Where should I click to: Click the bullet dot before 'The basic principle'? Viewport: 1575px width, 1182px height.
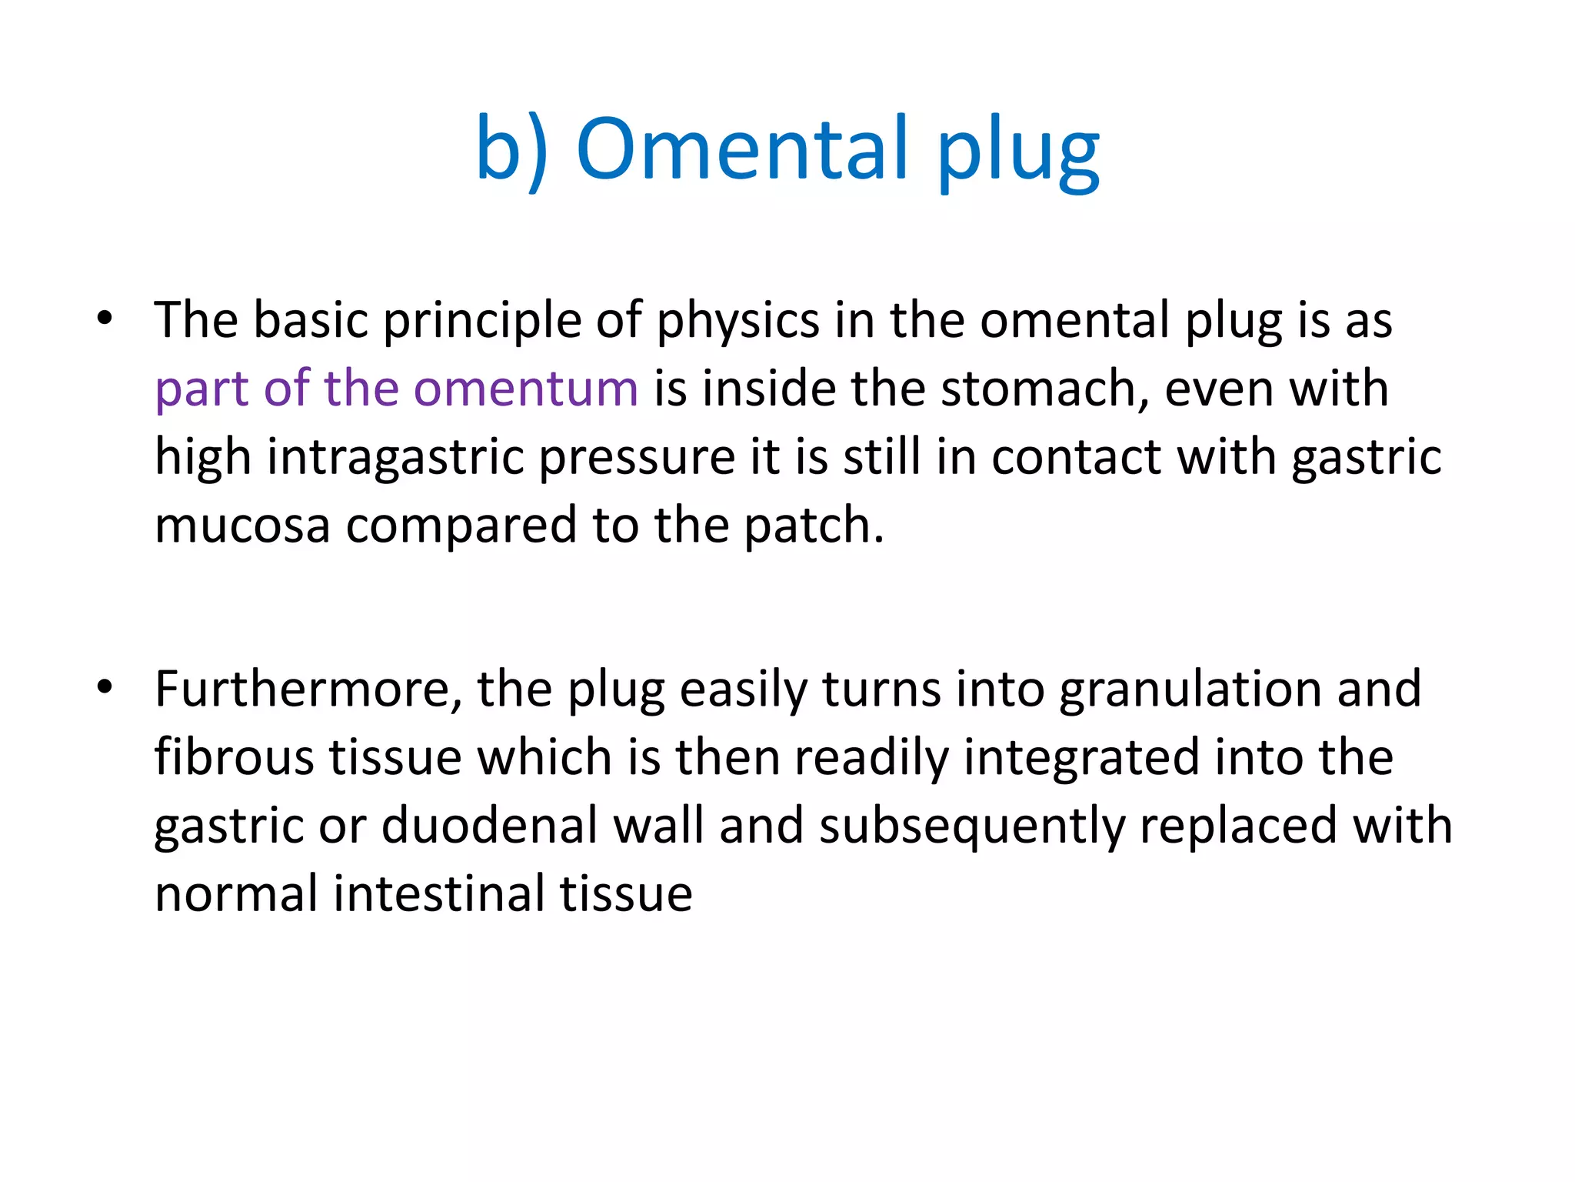pos(105,318)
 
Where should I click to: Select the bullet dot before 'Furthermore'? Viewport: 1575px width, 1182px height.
pos(105,686)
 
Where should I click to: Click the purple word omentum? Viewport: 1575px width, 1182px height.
pos(526,388)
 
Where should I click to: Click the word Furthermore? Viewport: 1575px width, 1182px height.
pos(308,689)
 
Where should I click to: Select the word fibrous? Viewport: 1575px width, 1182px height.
pos(235,756)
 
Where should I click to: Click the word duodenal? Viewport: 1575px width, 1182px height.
pos(489,825)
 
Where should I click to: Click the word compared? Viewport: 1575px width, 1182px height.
pos(461,526)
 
